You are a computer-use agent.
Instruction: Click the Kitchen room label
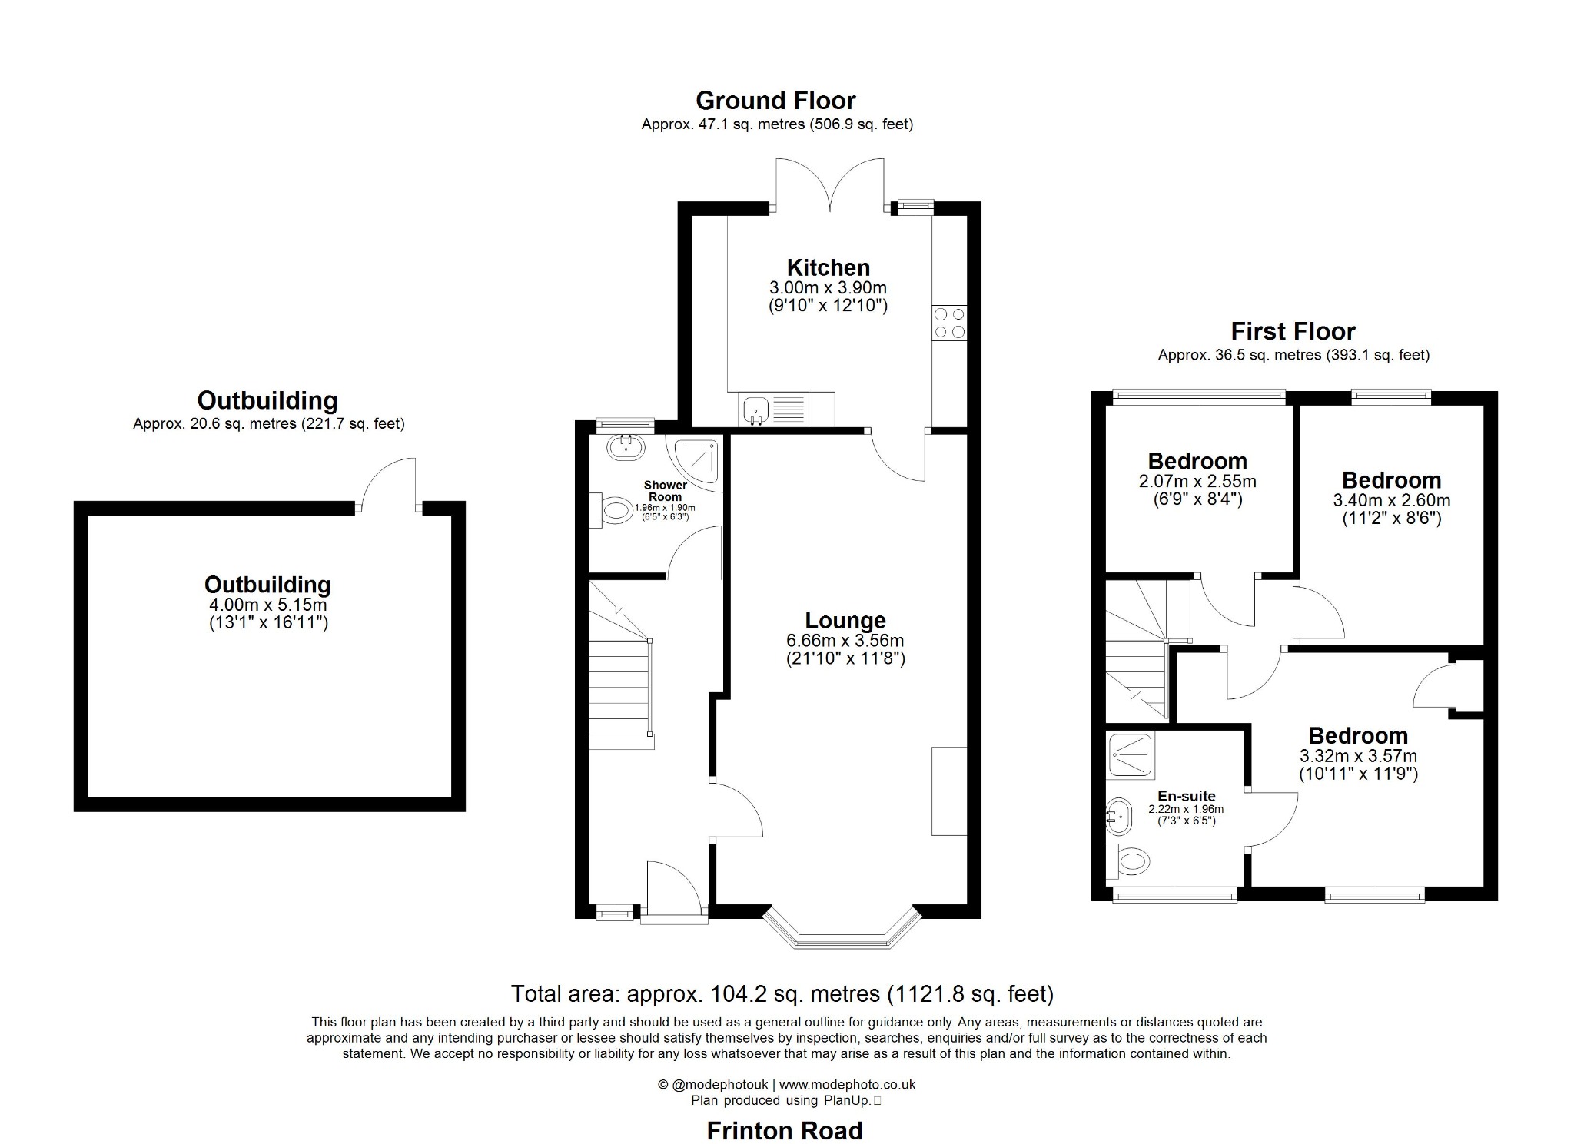[x=828, y=267]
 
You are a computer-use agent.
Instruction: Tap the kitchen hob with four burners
[x=949, y=323]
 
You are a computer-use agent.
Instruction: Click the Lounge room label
[x=845, y=620]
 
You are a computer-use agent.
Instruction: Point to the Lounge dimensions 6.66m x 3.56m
[x=845, y=640]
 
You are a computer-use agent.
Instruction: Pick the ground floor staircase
[x=619, y=676]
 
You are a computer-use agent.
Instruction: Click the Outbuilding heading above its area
[x=267, y=400]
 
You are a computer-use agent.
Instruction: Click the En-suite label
[x=1186, y=796]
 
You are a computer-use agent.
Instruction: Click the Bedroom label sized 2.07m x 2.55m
[x=1197, y=461]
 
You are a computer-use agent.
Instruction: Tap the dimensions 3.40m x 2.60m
[x=1391, y=500]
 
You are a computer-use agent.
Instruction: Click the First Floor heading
[x=1293, y=331]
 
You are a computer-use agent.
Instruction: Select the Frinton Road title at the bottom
[x=784, y=1130]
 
